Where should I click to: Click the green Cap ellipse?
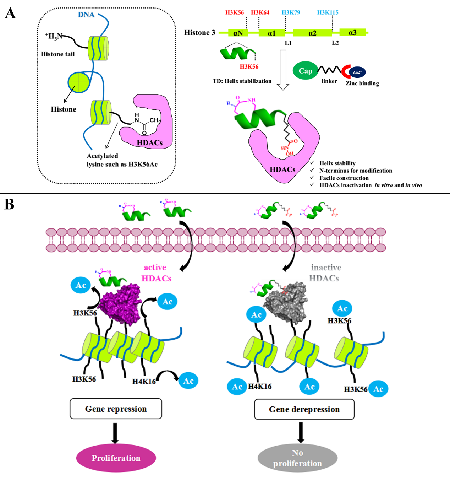pyautogui.click(x=305, y=71)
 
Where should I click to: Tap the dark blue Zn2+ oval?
pyautogui.click(x=357, y=72)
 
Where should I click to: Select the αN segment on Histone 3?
pyautogui.click(x=238, y=33)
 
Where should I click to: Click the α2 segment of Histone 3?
pyautogui.click(x=312, y=33)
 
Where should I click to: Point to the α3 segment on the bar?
pyautogui.click(x=352, y=33)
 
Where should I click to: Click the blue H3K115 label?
pyautogui.click(x=328, y=12)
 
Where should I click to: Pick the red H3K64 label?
pyautogui.click(x=260, y=12)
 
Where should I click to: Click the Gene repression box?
pyautogui.click(x=116, y=409)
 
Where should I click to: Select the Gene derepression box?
pyautogui.click(x=304, y=409)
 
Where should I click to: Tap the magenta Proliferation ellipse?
pyautogui.click(x=116, y=458)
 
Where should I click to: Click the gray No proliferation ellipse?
pyautogui.click(x=297, y=458)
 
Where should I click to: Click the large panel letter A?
pyautogui.click(x=10, y=13)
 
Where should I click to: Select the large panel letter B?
pyautogui.click(x=9, y=204)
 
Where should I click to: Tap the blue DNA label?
pyautogui.click(x=86, y=15)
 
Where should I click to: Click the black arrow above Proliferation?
pyautogui.click(x=115, y=433)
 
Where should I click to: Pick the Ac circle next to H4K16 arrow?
pyautogui.click(x=188, y=381)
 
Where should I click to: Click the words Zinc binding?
pyautogui.click(x=362, y=83)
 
